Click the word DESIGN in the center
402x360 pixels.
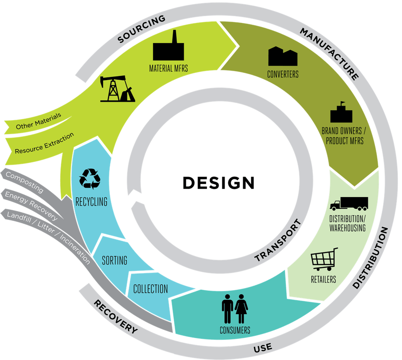[218, 183]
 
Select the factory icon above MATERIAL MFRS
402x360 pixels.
[168, 46]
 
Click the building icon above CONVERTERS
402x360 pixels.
[283, 56]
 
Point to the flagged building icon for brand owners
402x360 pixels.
[343, 112]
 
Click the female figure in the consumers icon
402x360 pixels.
[242, 309]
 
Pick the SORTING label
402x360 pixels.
[114, 260]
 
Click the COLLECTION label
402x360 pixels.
[150, 289]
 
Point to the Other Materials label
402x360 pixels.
[38, 121]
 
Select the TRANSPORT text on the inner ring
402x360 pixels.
[277, 241]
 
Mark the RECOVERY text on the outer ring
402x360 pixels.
[115, 317]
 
